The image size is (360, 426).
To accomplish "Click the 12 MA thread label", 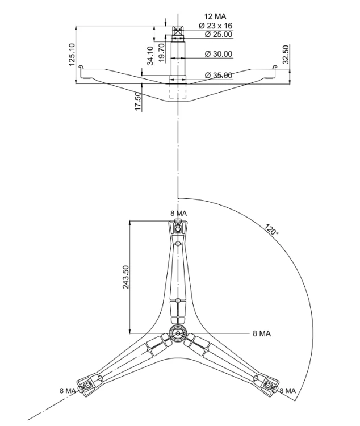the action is (x=215, y=16).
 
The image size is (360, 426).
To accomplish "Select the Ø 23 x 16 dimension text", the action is (x=215, y=26).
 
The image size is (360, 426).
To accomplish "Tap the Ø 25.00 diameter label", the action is (x=219, y=34).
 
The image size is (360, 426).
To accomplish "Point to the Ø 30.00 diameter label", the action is (x=219, y=54).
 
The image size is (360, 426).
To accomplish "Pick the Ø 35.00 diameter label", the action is (x=219, y=75).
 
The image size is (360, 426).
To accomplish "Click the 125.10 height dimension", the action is (x=72, y=55).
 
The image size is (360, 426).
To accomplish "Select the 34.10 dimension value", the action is (x=150, y=56).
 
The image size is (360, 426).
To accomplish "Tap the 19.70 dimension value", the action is (x=161, y=53).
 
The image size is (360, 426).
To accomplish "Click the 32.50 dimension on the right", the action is (x=286, y=55).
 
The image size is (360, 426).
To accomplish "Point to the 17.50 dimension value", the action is (x=138, y=101).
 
